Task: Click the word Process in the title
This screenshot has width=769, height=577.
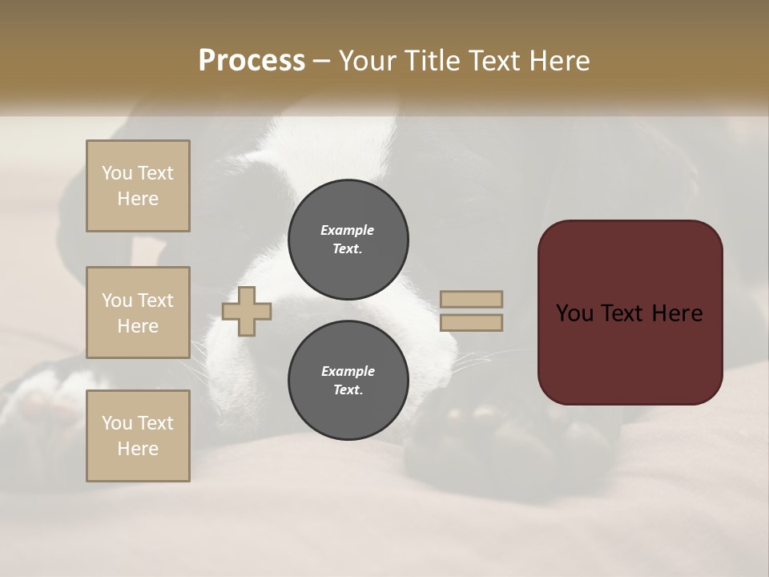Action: [252, 61]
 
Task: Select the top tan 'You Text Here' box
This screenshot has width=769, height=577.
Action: [138, 186]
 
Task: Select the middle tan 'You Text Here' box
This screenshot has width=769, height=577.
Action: [138, 313]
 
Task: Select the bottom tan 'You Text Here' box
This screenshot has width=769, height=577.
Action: [138, 436]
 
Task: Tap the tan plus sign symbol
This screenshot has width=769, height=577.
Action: [247, 311]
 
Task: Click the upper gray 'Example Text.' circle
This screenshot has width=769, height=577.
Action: [348, 240]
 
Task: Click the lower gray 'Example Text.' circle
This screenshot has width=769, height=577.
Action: [348, 381]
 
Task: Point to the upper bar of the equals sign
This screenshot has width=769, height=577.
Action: [471, 299]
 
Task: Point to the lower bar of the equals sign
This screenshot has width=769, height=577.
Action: [471, 322]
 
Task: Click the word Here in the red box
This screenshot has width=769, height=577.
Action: [677, 313]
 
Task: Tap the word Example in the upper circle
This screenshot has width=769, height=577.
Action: [348, 230]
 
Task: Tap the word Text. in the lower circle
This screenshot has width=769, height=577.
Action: [348, 390]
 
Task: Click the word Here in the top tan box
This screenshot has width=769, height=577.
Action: [138, 199]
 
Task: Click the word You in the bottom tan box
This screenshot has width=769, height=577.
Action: [116, 423]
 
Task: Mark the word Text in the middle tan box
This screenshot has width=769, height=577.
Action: [155, 301]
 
